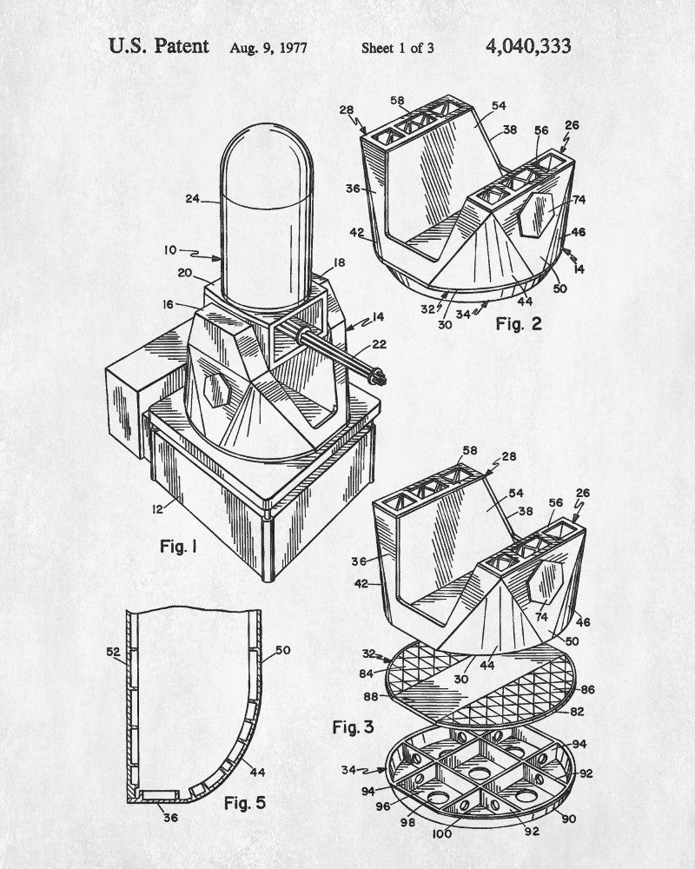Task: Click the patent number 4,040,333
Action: tap(527, 47)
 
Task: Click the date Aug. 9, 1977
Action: tap(268, 48)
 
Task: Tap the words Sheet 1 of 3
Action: tap(397, 48)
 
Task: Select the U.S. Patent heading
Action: tap(158, 46)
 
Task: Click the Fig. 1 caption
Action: tap(178, 547)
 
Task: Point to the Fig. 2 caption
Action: tap(518, 323)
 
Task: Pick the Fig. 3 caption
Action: tap(353, 727)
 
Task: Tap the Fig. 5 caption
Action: tap(244, 802)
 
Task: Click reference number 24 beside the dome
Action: tap(192, 198)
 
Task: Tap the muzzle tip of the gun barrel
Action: tap(381, 380)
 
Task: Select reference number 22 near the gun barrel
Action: tap(379, 345)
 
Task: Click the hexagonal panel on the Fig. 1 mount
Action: tap(216, 389)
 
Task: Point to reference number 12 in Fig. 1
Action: tap(158, 508)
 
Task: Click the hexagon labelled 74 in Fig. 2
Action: tap(537, 215)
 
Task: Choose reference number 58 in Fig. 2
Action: tap(397, 100)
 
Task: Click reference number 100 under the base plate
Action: tap(441, 833)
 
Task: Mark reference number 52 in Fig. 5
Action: tap(113, 653)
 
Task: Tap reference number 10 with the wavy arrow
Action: tap(170, 250)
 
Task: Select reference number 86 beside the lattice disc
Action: tap(587, 690)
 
